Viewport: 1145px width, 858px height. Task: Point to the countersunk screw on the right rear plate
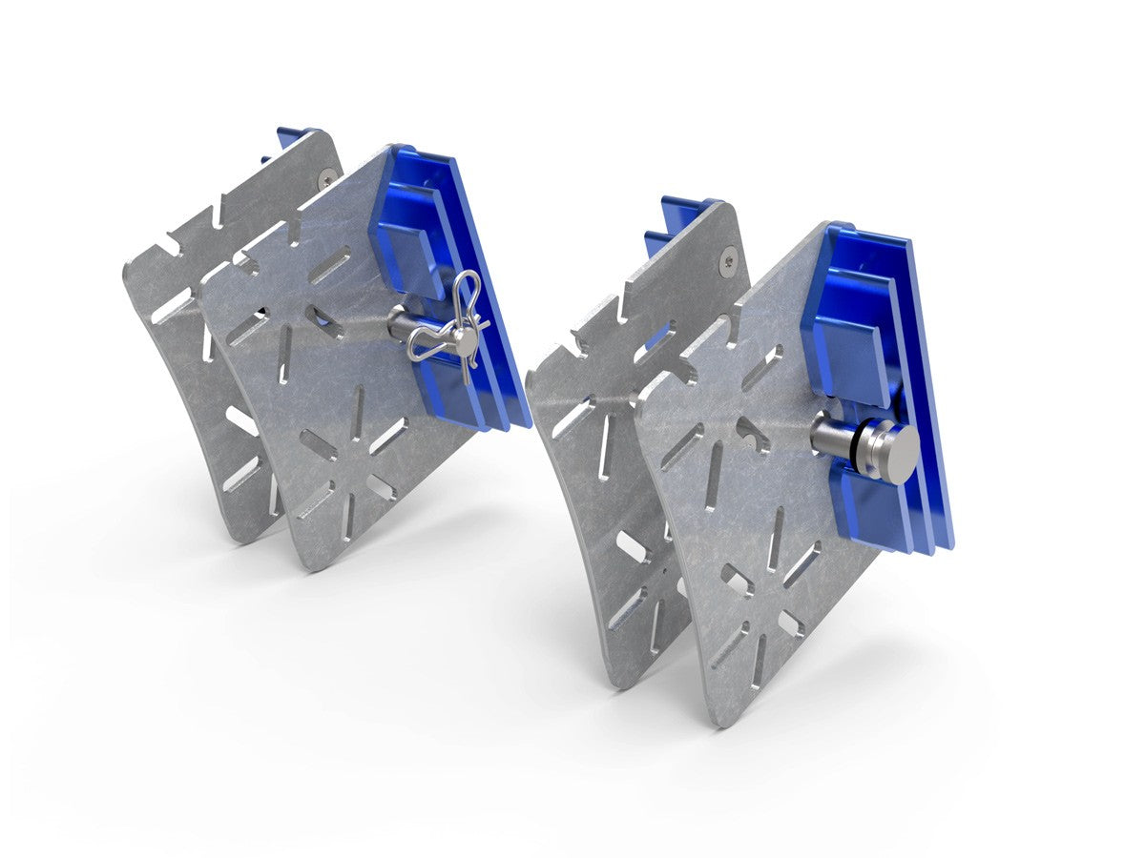click(730, 255)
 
